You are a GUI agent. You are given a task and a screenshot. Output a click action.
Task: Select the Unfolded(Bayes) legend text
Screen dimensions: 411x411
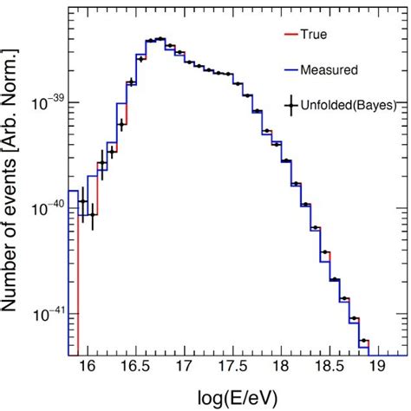pos(347,105)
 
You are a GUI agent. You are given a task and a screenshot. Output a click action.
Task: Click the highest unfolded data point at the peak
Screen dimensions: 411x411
pos(160,39)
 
